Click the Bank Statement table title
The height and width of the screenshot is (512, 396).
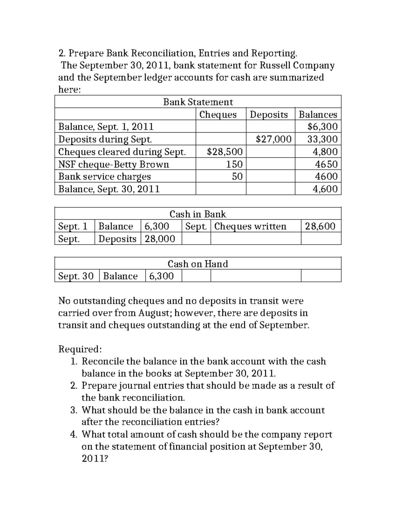(198, 102)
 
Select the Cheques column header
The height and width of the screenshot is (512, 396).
(218, 114)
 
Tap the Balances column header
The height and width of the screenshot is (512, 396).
(318, 114)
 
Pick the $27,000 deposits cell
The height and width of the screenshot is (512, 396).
(274, 139)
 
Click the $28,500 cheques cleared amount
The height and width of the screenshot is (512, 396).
(224, 152)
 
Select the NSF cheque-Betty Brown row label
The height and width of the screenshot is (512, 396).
(114, 164)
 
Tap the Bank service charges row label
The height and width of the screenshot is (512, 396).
(104, 176)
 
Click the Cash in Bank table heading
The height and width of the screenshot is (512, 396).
(198, 214)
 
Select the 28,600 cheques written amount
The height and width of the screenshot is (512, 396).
(320, 226)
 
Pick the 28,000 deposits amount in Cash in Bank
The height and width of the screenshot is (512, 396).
(160, 238)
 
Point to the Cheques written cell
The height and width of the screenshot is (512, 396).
(250, 226)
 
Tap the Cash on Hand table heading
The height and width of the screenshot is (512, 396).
(198, 264)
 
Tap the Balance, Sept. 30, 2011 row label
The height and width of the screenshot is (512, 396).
(109, 189)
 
